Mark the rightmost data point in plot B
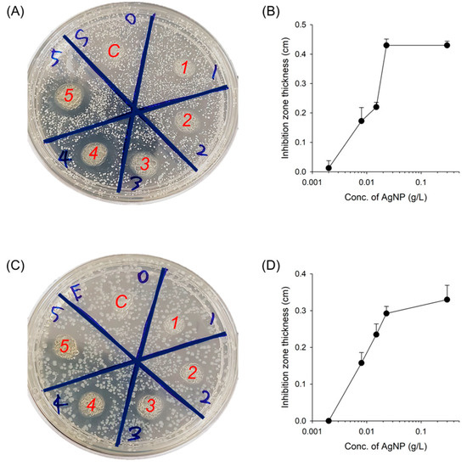(447, 45)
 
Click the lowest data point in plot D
(329, 420)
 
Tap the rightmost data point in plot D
(447, 299)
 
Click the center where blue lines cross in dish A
(136, 109)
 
